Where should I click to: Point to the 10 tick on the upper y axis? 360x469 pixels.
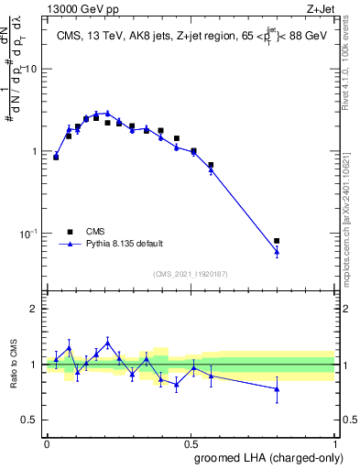tap(34, 69)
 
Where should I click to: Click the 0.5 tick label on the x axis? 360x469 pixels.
tap(191, 442)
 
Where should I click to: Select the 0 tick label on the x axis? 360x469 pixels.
tap(47, 442)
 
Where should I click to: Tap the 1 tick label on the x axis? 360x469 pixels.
tap(335, 442)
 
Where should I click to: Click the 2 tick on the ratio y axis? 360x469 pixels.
tap(35, 309)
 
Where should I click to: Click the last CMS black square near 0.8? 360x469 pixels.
tap(277, 241)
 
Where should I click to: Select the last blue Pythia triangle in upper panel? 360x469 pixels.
tap(277, 251)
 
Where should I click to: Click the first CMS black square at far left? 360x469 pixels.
tap(56, 158)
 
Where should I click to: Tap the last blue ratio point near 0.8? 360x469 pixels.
tap(277, 389)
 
